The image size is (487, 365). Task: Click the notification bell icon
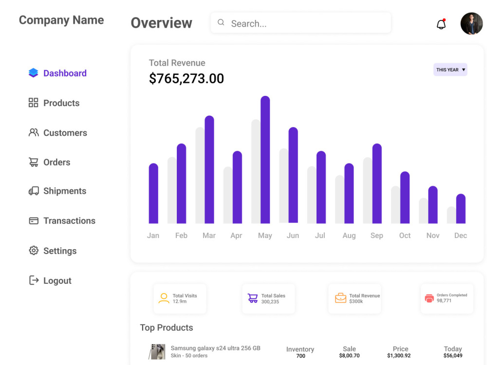[441, 24]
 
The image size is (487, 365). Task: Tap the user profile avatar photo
[471, 23]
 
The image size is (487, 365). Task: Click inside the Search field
[302, 23]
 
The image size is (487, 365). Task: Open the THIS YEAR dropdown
[450, 70]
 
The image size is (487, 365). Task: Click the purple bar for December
[461, 209]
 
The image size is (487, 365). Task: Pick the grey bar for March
[200, 175]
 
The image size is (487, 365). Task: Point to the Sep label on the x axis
[376, 236]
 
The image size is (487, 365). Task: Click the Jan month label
[153, 236]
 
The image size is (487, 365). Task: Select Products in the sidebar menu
[61, 103]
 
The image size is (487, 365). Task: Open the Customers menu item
[65, 133]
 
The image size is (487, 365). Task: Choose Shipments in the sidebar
[64, 191]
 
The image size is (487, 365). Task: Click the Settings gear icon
[34, 251]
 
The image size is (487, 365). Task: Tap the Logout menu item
[57, 281]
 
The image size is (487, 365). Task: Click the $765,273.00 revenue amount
[187, 78]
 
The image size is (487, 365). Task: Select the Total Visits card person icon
[164, 298]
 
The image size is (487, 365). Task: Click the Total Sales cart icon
[253, 298]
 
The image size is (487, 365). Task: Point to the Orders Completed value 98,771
[444, 301]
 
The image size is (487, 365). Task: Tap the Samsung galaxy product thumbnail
[157, 351]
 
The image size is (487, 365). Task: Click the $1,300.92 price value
[399, 356]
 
